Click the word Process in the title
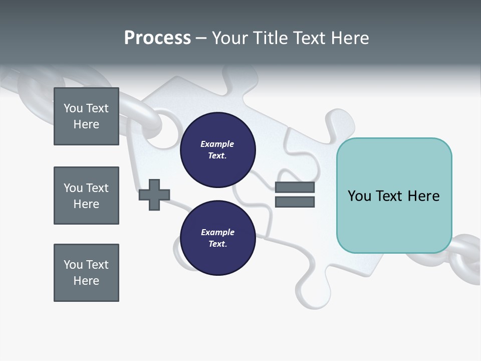(157, 38)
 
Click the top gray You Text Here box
(86, 116)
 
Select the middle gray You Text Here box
(86, 196)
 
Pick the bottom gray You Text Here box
(86, 273)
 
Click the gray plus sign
(154, 195)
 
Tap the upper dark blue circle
(217, 150)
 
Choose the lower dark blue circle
(217, 238)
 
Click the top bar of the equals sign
(295, 188)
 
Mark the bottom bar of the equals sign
(295, 202)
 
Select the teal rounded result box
(394, 195)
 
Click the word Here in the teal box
(423, 196)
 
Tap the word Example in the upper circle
(217, 144)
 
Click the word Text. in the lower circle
(217, 244)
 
